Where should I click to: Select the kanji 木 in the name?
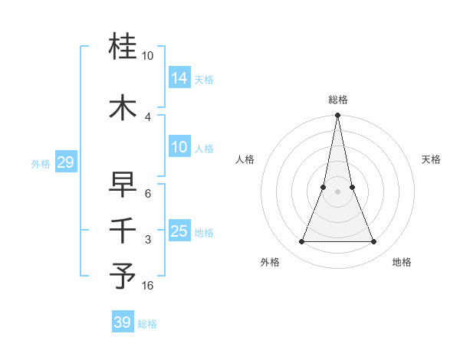coord(123,107)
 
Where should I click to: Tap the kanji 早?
coord(123,184)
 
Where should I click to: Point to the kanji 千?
coord(123,231)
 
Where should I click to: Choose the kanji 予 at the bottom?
coord(123,277)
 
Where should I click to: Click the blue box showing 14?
coord(179,78)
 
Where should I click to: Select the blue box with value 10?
coord(179,148)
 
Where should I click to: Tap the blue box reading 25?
coord(179,231)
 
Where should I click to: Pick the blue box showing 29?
coord(65,162)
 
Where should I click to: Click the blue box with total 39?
coord(123,322)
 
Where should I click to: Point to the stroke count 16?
coord(147,286)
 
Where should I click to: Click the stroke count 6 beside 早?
coord(147,194)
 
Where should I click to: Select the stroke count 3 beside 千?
coord(147,240)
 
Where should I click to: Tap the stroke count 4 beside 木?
coord(147,116)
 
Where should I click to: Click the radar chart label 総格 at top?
coord(337,100)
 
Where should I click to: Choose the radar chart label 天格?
coord(432,159)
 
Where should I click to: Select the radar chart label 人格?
coord(245,159)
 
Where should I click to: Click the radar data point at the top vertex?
coord(337,116)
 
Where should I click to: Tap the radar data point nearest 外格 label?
coord(301,242)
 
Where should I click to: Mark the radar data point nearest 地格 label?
coord(374,242)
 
